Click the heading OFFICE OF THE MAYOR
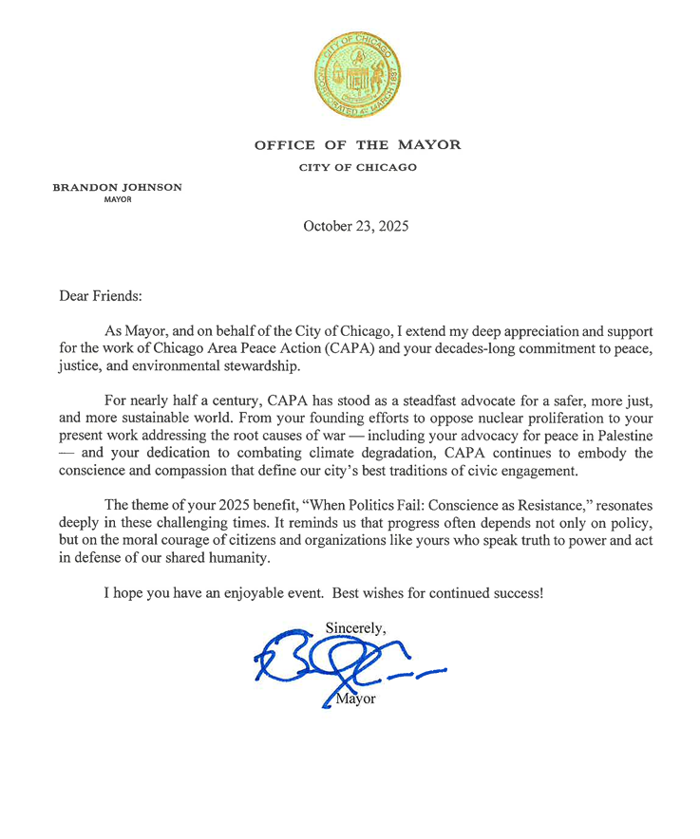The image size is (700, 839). click(x=357, y=145)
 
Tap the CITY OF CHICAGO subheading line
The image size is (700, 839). click(x=357, y=168)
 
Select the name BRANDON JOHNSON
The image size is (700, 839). click(x=117, y=188)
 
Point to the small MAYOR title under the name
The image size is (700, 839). click(x=117, y=200)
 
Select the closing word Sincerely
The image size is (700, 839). click(x=354, y=627)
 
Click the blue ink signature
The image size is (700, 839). click(x=342, y=664)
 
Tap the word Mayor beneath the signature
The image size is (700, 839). click(x=356, y=700)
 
